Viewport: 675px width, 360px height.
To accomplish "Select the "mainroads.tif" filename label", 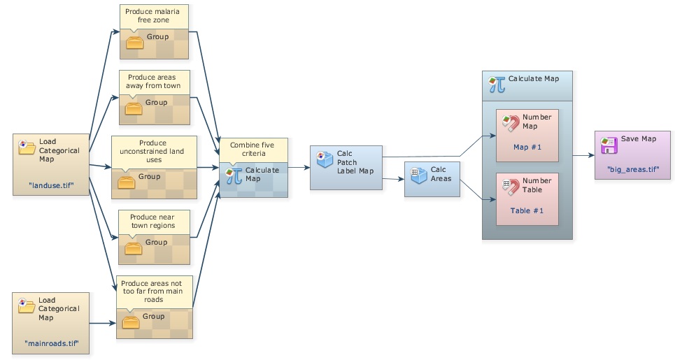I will coord(51,343).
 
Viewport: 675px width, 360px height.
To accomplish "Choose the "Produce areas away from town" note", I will coord(154,81).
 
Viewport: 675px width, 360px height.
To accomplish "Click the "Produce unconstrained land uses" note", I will coord(154,151).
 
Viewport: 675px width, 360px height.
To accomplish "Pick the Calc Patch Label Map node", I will coord(346,167).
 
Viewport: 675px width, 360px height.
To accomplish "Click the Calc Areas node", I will coord(432,179).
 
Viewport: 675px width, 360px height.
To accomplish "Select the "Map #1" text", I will coord(527,147).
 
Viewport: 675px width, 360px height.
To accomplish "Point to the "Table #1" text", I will coord(527,210).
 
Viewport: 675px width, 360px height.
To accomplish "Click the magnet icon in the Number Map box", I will coord(510,123).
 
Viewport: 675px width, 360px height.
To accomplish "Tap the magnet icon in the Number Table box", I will coord(510,187).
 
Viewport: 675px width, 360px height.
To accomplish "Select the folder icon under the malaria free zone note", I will coord(134,43).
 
